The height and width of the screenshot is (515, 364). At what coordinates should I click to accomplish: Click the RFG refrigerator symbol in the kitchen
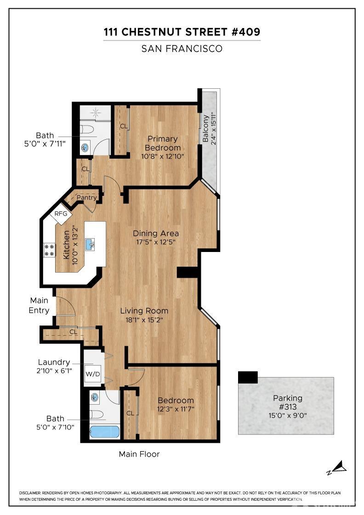click(61, 214)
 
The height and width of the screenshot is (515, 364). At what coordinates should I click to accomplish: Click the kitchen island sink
click(90, 244)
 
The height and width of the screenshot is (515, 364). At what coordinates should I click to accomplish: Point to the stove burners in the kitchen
click(49, 250)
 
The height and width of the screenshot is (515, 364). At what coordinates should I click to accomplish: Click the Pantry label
click(86, 198)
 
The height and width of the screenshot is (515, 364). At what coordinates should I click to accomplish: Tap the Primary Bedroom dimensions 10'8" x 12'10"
click(162, 156)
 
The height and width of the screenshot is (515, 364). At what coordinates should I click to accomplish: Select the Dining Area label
click(156, 233)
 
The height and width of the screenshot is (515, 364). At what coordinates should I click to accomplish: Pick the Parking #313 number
click(288, 406)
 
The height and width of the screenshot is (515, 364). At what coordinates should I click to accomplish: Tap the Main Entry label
click(39, 305)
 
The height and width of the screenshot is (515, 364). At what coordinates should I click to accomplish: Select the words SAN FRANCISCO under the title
click(182, 49)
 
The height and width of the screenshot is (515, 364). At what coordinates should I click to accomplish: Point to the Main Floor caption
click(139, 454)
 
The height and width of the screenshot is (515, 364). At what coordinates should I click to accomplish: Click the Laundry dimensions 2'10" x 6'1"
click(55, 371)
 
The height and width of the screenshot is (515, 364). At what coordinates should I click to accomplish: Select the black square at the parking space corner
click(248, 378)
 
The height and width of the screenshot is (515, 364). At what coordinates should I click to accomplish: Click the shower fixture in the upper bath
click(95, 112)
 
